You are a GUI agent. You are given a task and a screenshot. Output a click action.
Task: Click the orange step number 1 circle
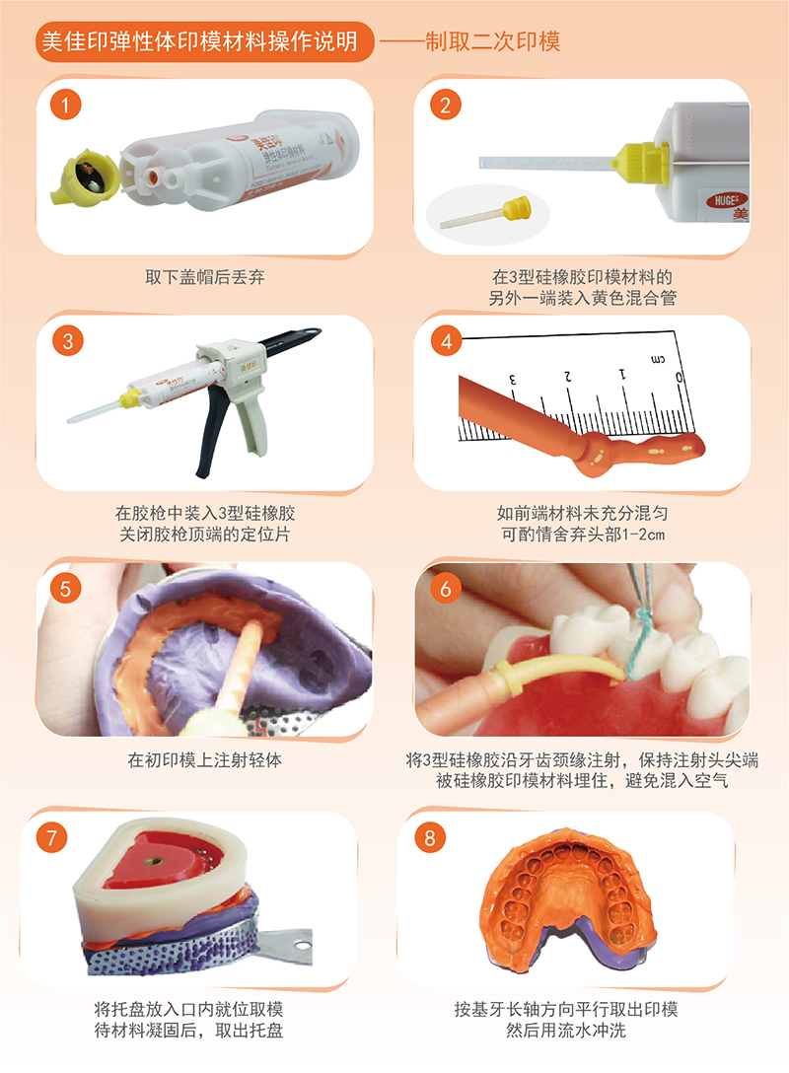[x=66, y=105]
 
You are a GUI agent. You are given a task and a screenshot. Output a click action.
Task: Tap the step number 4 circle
[x=446, y=341]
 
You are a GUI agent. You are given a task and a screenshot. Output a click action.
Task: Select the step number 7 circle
[x=51, y=837]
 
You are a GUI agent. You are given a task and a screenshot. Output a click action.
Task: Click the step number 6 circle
[x=446, y=589]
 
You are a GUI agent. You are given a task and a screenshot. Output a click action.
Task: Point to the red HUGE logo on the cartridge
[x=726, y=200]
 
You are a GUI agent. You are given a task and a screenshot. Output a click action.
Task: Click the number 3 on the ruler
[x=512, y=380]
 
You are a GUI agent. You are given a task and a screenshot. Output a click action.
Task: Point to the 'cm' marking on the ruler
[x=658, y=359]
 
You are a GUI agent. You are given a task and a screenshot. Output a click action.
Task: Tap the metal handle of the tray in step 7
[x=287, y=946]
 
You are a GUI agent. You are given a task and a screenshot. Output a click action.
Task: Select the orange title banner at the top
[x=204, y=41]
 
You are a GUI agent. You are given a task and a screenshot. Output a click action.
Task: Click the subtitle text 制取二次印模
[x=493, y=41]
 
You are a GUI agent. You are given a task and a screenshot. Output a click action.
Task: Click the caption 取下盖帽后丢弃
[x=204, y=277]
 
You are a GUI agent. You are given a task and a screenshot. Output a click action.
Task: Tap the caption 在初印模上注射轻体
[x=204, y=759]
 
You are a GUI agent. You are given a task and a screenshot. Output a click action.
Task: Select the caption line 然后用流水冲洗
[x=566, y=1031]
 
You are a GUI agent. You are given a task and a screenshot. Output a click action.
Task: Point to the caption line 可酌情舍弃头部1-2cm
[x=583, y=535]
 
